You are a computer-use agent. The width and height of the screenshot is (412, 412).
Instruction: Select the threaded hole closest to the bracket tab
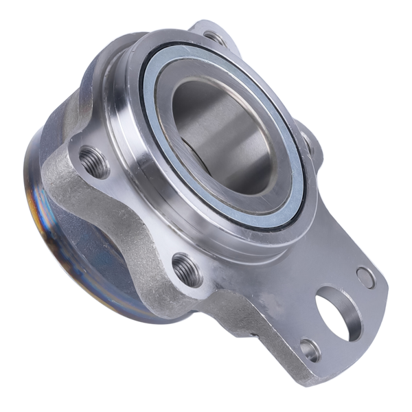coord(187,269)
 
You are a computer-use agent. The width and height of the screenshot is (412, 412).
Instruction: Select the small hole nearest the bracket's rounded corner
coord(365,277)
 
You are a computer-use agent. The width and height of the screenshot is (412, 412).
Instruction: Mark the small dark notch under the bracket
coord(255,336)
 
